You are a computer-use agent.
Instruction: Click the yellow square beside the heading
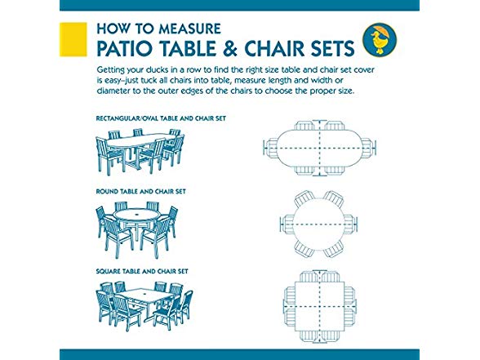73,39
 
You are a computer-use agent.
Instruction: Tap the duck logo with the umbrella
380,39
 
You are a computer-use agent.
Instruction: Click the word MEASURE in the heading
189,29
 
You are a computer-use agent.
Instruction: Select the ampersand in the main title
229,48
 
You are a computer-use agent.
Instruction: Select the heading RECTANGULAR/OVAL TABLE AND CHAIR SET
161,118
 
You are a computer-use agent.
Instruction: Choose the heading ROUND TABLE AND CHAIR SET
141,192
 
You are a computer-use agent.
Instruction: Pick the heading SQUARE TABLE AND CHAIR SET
142,271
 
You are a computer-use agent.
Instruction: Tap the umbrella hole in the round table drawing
136,211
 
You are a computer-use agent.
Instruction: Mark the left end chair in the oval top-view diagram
271,149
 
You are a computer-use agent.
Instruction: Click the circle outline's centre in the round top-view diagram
319,224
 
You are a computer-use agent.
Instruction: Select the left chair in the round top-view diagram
287,224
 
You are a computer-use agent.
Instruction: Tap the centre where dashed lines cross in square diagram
320,306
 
